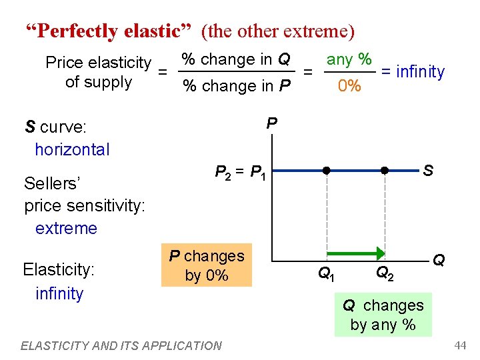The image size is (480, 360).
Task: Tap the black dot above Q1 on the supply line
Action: [327, 170]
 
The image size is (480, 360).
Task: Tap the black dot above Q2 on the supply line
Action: [385, 170]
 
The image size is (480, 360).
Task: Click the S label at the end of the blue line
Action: [428, 171]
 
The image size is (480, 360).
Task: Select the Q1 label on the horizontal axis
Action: [325, 273]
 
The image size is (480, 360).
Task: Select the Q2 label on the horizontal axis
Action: [385, 273]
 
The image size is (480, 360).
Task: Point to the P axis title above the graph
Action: [271, 123]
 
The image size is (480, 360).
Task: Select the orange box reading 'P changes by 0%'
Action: [207, 265]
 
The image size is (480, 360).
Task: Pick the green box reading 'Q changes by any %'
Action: [383, 315]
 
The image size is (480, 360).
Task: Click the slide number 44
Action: [459, 345]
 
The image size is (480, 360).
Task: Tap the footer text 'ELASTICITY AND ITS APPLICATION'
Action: [121, 345]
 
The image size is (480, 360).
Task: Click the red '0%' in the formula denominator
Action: [349, 86]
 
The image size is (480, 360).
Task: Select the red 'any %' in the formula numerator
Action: [349, 59]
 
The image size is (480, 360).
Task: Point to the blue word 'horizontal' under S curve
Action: [72, 149]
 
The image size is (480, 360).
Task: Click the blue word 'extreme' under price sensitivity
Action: [66, 228]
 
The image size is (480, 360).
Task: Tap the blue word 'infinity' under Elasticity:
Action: [59, 293]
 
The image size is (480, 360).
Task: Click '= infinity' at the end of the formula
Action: [412, 71]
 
